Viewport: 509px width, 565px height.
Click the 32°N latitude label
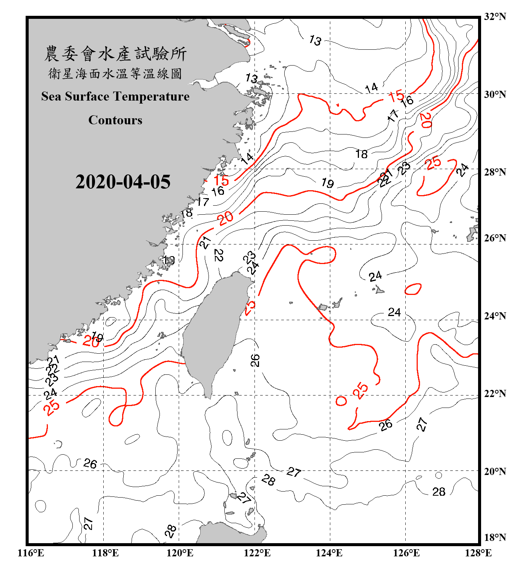pos(495,17)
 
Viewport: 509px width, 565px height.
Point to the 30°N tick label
pos(495,94)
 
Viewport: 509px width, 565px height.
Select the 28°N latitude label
pos(495,172)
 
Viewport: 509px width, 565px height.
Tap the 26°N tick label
pos(495,238)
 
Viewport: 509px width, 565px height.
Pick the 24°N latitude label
pos(495,316)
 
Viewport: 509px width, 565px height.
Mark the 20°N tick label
pos(495,471)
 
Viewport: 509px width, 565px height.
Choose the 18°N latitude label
pos(495,538)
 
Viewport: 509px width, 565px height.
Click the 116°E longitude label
pos(31,553)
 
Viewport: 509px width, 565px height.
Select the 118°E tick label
pos(105,553)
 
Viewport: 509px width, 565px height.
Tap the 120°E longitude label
pos(180,553)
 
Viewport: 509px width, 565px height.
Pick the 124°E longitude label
pos(329,553)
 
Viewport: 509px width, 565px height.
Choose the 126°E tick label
pos(406,553)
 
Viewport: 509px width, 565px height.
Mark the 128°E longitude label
pos(478,553)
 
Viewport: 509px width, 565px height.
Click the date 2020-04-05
pos(123,182)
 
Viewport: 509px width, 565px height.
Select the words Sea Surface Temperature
pos(115,96)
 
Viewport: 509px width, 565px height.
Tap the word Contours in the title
pos(115,120)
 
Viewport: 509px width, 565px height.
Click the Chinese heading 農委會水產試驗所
pos(115,54)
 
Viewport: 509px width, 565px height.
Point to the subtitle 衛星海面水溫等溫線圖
pos(115,73)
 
